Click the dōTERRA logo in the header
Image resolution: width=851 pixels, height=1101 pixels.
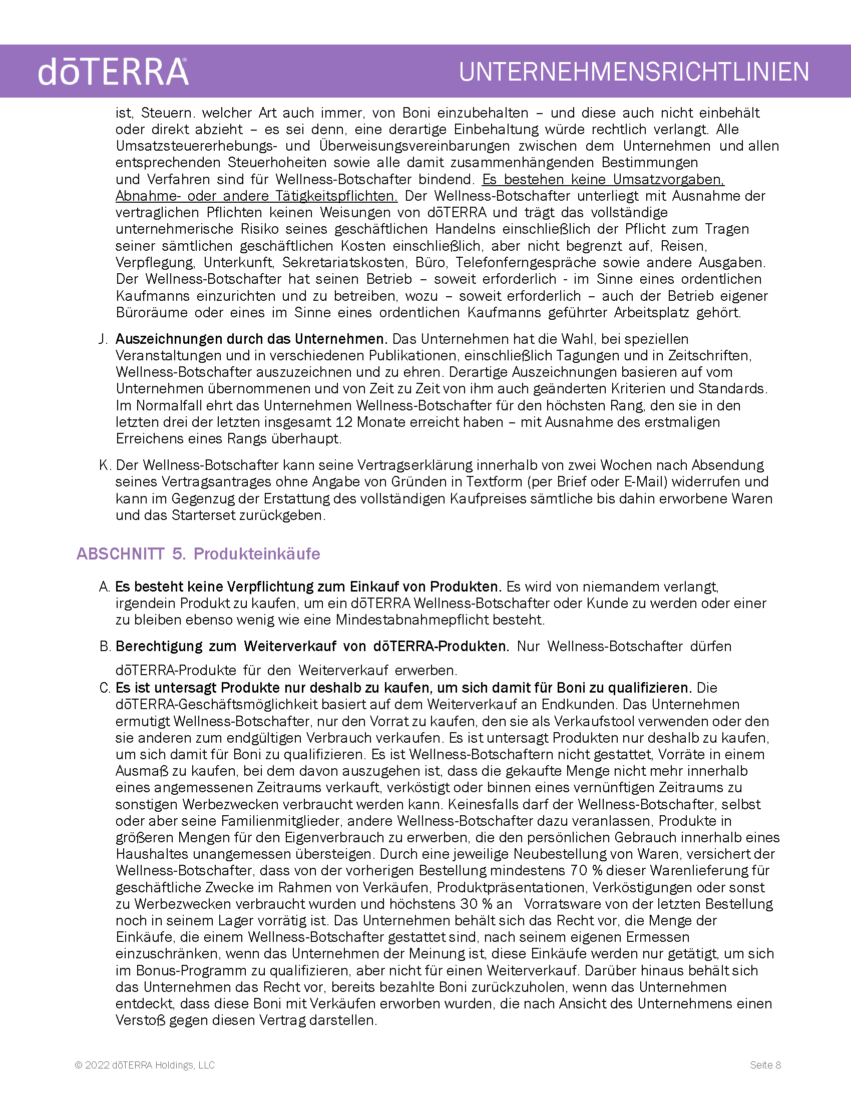(114, 72)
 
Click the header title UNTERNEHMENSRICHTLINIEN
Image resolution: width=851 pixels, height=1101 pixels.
(634, 72)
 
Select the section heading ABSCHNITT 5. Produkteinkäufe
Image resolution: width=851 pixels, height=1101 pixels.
(198, 554)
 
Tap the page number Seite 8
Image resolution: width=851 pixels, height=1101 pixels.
(765, 1064)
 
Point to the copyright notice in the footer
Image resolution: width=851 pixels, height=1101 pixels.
(145, 1064)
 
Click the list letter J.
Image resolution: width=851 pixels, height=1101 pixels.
(103, 339)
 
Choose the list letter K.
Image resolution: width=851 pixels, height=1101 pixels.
(104, 465)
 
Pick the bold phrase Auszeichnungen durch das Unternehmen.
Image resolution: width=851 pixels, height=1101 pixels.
(251, 339)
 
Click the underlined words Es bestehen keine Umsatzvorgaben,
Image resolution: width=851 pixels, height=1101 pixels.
(603, 180)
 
